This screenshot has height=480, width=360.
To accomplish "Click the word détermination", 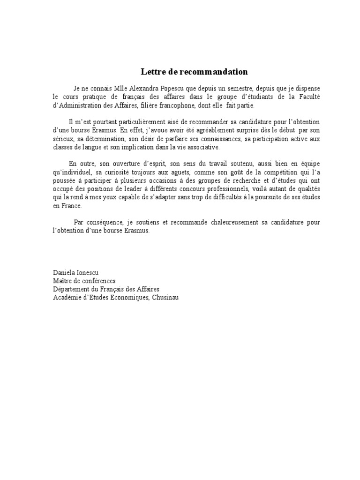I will (x=98, y=138).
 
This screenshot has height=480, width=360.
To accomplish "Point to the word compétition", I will (x=269, y=172).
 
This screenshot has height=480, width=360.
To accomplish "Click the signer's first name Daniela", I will (x=65, y=272).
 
